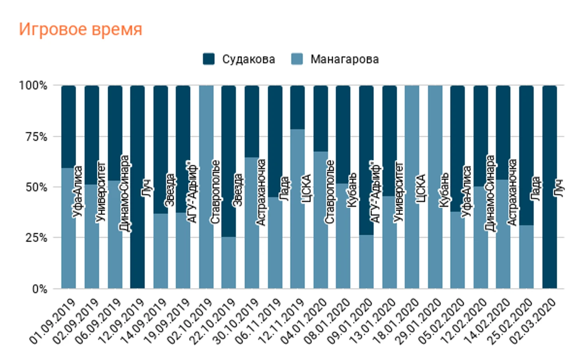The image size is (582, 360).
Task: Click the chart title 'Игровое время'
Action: point(80,30)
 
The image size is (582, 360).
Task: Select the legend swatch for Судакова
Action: point(208,59)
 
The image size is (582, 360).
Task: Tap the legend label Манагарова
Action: point(344,59)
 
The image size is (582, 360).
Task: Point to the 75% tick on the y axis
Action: point(36,137)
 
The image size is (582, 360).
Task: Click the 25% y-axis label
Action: point(36,238)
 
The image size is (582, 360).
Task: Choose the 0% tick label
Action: point(39,289)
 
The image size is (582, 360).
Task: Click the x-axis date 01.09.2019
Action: point(53,321)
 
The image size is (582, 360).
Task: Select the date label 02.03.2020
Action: point(534,321)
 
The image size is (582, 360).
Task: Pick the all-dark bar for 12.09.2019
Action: point(138,239)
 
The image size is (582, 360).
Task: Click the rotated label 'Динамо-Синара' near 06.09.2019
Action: point(125,193)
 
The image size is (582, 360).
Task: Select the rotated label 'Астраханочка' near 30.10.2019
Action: point(261,192)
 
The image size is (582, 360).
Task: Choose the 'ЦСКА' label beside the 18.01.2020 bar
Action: point(421,189)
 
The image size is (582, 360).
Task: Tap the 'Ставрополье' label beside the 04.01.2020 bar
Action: point(330,191)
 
